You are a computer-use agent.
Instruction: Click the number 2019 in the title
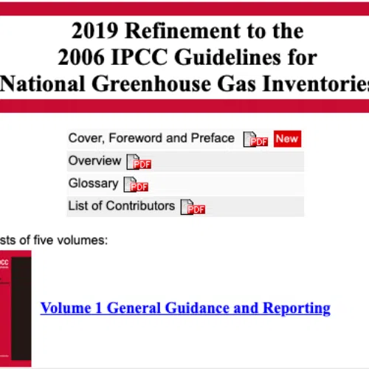(x=94, y=30)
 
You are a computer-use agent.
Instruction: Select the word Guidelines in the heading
(x=228, y=57)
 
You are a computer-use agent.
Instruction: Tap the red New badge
(x=287, y=139)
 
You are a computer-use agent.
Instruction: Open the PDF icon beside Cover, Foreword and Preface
(x=255, y=139)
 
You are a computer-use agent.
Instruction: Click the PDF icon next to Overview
(x=139, y=162)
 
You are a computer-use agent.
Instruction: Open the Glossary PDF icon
(x=136, y=184)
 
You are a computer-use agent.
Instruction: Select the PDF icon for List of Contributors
(x=193, y=207)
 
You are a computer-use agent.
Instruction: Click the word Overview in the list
(x=94, y=161)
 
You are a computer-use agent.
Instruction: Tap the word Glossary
(x=94, y=184)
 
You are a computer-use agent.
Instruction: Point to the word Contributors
(x=140, y=206)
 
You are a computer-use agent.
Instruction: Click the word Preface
(x=213, y=138)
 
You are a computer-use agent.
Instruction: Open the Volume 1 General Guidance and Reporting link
(x=185, y=308)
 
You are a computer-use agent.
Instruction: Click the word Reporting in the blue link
(x=297, y=308)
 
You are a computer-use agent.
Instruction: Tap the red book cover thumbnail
(x=15, y=308)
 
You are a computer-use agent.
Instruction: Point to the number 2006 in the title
(x=81, y=57)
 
